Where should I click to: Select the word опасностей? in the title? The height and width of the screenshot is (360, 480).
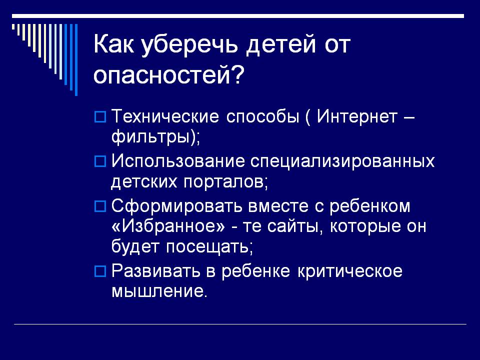[x=168, y=74]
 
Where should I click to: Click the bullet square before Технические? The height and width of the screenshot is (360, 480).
[x=100, y=117]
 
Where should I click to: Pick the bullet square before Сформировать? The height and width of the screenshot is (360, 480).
[x=100, y=206]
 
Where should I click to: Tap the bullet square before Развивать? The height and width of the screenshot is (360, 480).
[x=100, y=271]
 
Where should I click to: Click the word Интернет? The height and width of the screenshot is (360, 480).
[x=357, y=116]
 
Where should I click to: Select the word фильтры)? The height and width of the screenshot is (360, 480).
[x=155, y=137]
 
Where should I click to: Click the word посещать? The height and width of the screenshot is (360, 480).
[x=209, y=247]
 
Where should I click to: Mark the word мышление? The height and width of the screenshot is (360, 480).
[x=159, y=291]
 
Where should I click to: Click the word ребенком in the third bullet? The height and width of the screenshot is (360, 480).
[x=370, y=205]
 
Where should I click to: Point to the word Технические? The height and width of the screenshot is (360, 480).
[x=165, y=116]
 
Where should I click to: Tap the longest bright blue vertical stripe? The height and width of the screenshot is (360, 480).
[x=76, y=60]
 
